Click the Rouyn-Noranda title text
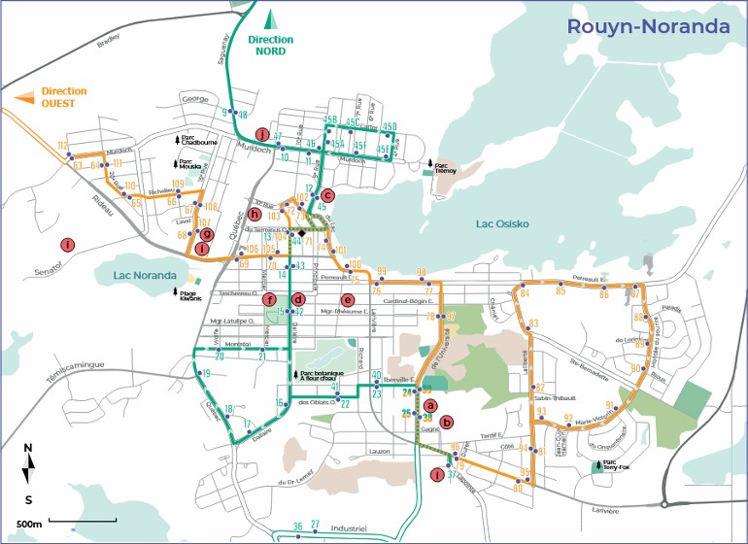(648, 26)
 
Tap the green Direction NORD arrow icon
(272, 17)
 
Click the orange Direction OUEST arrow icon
(25, 96)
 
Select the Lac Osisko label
(502, 223)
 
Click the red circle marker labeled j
(260, 134)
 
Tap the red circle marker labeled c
(327, 194)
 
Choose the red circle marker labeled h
(255, 214)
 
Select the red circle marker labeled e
(347, 299)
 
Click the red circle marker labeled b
(446, 422)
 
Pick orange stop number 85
(561, 290)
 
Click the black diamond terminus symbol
(302, 234)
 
